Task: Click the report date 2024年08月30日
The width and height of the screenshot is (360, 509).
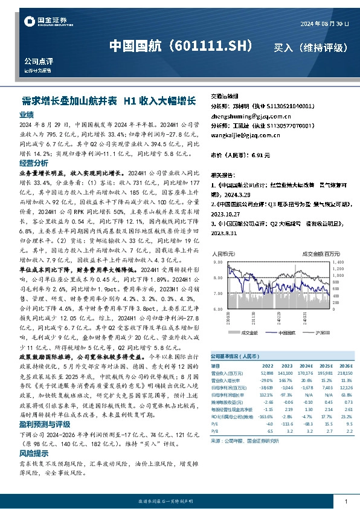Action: click(x=324, y=23)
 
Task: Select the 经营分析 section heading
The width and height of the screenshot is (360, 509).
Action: click(x=34, y=163)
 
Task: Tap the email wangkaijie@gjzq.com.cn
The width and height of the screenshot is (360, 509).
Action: click(x=242, y=135)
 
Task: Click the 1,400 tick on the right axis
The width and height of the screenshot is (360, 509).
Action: click(x=338, y=263)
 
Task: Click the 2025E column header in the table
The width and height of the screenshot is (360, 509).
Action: click(x=326, y=366)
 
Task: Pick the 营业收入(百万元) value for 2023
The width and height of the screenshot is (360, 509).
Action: click(x=286, y=373)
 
